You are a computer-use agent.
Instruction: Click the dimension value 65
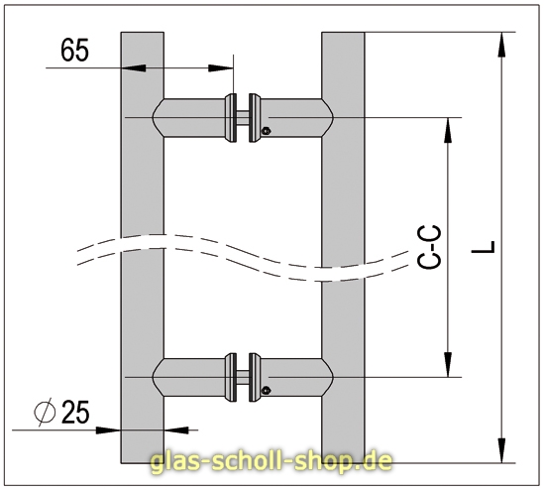(75, 51)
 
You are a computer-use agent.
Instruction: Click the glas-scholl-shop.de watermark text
(271, 461)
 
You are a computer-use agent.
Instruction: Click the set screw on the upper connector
(265, 130)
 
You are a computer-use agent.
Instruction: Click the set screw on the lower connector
(265, 390)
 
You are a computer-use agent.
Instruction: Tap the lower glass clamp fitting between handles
(244, 377)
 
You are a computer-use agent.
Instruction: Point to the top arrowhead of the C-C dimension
(451, 125)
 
